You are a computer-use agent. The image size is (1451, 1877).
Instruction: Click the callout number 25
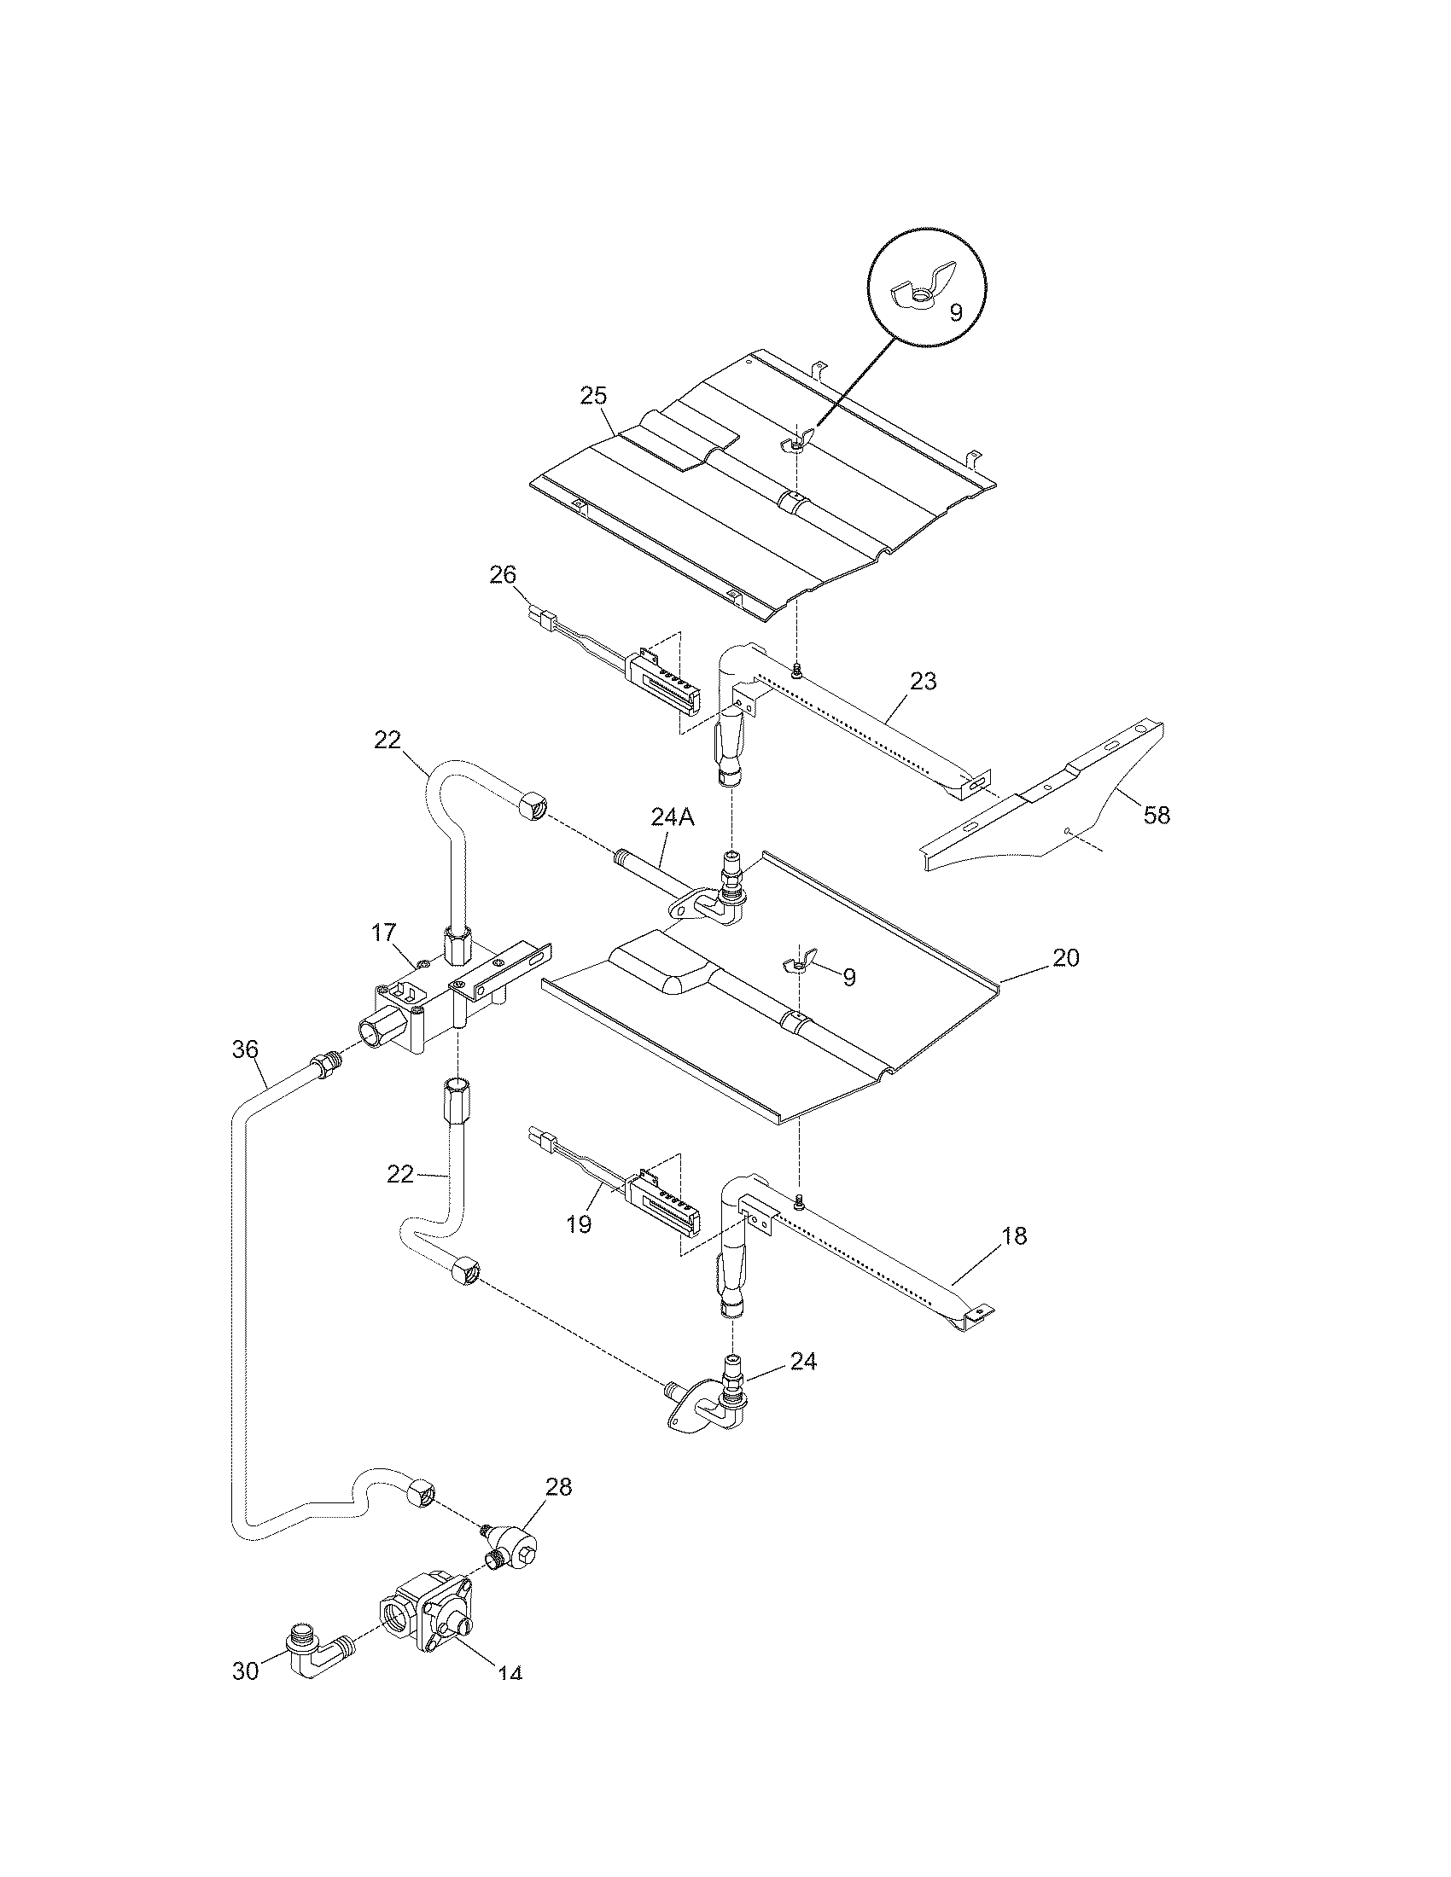pos(593,396)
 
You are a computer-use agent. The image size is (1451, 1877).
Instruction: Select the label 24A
pos(673,818)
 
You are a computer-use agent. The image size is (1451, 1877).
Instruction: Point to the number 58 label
pos(1157,815)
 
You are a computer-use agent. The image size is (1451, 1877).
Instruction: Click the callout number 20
pos(1065,957)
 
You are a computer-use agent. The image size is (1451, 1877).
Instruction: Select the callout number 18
pos(1014,1236)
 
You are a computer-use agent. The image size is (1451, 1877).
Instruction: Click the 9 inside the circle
pos(956,313)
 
